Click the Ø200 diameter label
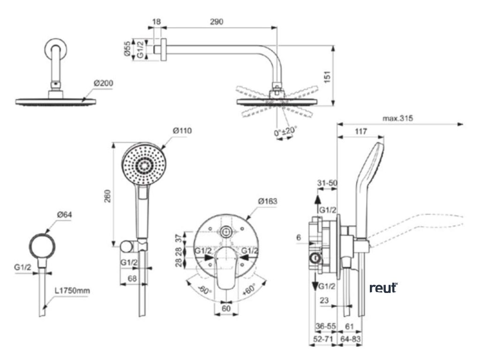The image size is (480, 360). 103,83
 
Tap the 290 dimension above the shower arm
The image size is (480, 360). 217,22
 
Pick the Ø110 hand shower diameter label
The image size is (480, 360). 182,130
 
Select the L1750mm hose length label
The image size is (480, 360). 72,291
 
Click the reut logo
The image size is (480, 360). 383,287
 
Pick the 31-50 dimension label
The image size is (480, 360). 327,182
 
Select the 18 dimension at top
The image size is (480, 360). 157,22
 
